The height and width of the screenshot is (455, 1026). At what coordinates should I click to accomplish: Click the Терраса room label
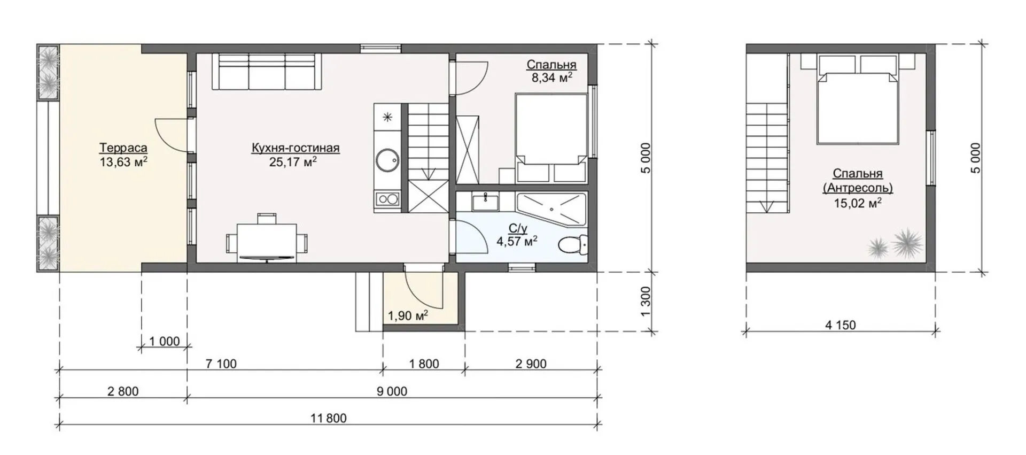123,148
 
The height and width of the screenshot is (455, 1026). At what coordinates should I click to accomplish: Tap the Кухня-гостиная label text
296,148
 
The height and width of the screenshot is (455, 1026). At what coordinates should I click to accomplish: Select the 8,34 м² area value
551,78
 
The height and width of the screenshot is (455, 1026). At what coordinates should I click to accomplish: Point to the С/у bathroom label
518,229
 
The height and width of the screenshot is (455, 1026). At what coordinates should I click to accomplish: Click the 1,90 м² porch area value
408,315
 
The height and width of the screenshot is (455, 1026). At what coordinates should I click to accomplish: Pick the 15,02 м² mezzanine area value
858,203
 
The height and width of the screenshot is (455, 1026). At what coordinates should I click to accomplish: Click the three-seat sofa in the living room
267,71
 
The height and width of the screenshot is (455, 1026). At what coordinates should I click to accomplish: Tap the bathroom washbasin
485,202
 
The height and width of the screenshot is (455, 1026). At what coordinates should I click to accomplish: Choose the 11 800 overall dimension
329,418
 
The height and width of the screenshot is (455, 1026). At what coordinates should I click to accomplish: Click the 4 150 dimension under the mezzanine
841,325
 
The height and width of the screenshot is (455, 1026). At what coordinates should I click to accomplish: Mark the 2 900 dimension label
531,364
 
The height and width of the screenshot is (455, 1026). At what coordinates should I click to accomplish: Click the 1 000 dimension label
165,341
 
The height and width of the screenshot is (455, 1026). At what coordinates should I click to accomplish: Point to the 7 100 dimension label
221,364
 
